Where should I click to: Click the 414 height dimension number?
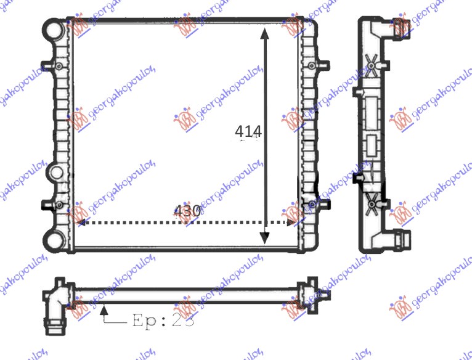tap(249, 131)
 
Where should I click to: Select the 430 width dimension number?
tap(187, 211)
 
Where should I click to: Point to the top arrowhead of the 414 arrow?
tap(265, 33)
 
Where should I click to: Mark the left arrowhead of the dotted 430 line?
tap(79, 223)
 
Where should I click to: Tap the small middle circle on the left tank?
tap(54, 173)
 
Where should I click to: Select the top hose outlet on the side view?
tap(402, 27)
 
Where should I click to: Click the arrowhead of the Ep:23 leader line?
tap(105, 306)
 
